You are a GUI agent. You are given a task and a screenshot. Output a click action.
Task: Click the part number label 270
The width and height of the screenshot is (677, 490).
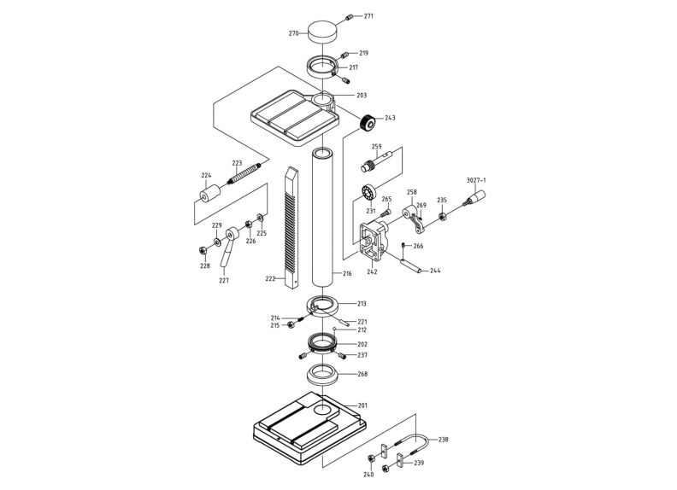click(x=293, y=33)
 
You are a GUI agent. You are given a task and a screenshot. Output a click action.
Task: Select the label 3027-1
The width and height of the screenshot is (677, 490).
click(x=476, y=180)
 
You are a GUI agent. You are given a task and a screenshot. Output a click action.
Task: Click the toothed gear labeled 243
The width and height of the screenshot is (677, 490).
click(x=368, y=123)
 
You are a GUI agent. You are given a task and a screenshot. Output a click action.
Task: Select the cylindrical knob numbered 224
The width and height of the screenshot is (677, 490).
click(x=208, y=195)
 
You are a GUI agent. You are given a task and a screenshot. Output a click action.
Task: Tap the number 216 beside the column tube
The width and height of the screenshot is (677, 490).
click(x=347, y=274)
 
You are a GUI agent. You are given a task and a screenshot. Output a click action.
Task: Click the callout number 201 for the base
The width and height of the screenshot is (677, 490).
click(x=362, y=405)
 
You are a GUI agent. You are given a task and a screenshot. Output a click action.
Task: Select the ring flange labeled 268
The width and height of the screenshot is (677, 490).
click(x=323, y=374)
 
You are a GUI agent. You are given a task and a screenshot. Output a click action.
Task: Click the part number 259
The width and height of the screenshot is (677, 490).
click(x=376, y=147)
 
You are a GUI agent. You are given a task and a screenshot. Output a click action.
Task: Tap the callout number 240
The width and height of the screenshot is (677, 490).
click(x=368, y=474)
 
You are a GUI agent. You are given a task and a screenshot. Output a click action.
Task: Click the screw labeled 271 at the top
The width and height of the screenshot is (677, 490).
click(x=350, y=17)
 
